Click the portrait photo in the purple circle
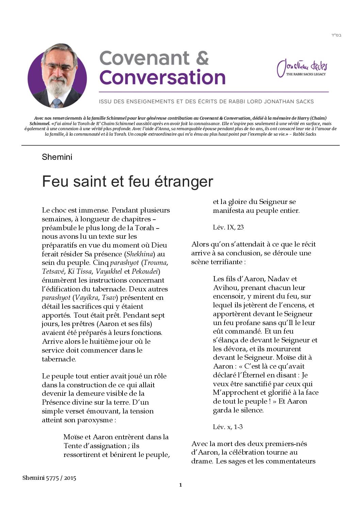pos(57,75)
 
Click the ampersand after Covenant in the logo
pos(202,58)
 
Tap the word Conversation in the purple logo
pos(162,78)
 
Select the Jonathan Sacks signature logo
pos(302,67)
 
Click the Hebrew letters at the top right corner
pos(336,35)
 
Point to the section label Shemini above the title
pos(57,157)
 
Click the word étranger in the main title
pos(184,181)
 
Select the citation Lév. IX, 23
pos(228,227)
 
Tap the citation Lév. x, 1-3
pos(228,427)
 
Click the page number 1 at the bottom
pos(180,485)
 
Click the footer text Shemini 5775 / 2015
pos(49,478)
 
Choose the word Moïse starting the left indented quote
pos(73,437)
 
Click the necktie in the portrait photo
pos(56,102)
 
